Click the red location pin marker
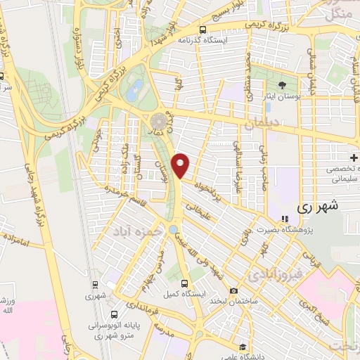182,166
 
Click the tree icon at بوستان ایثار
283,85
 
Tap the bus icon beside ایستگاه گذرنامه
202,30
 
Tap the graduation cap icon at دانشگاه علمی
243,347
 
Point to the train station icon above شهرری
94,285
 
